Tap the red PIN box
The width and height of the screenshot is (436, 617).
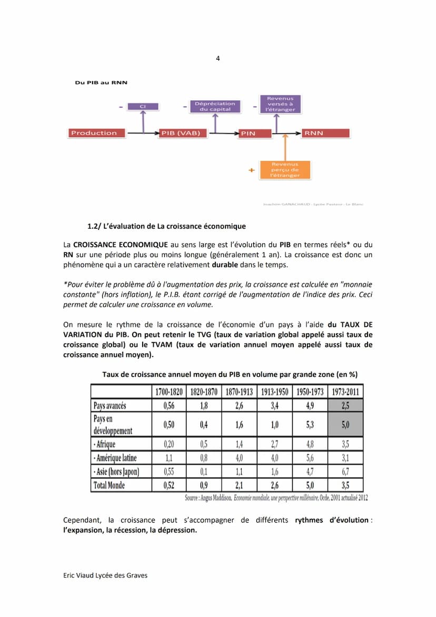tap(256, 133)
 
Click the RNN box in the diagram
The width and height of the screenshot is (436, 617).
tap(325, 133)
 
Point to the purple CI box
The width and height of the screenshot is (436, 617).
tap(143, 106)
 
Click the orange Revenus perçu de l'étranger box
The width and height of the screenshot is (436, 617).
tap(285, 170)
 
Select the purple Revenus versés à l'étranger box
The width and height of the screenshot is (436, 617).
tap(280, 104)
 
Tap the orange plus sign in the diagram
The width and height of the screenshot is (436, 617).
tap(251, 170)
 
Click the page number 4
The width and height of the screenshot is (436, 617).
tap(218, 58)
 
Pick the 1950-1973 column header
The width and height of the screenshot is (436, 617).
tap(310, 392)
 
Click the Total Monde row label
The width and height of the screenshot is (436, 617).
tap(109, 485)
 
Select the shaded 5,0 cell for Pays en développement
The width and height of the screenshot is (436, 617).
tap(345, 425)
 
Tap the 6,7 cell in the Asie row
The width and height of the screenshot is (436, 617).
tap(345, 472)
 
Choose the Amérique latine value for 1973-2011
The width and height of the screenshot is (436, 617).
tap(345, 458)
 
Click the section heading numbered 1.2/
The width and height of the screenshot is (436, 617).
tap(166, 227)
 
